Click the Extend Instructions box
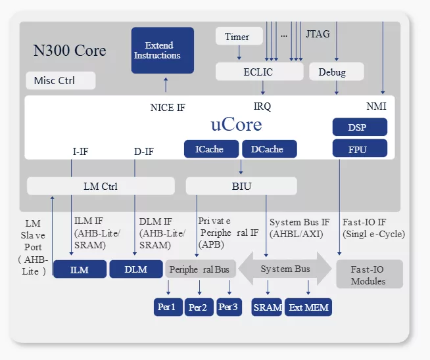click(162, 50)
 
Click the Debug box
click(331, 72)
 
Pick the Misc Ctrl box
click(60, 81)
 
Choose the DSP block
click(358, 127)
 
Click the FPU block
click(358, 149)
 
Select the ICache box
click(209, 149)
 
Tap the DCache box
click(268, 149)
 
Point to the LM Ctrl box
click(101, 186)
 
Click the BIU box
click(241, 186)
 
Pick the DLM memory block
click(135, 269)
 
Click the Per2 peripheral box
click(198, 307)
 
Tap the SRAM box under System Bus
click(268, 307)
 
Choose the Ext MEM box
click(308, 307)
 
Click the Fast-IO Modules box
click(368, 275)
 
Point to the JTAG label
click(318, 34)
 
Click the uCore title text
click(236, 124)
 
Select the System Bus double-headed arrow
click(285, 269)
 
